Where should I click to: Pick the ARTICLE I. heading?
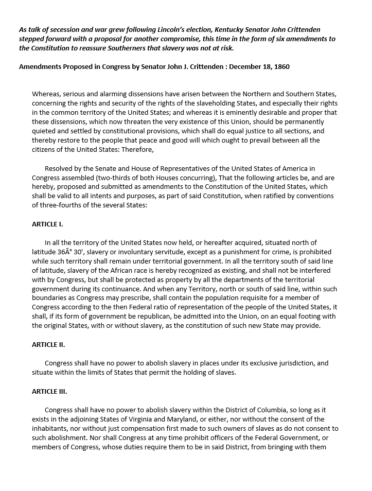click(47, 224)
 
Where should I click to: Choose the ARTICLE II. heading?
click(48, 345)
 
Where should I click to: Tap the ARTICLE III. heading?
click(49, 391)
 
